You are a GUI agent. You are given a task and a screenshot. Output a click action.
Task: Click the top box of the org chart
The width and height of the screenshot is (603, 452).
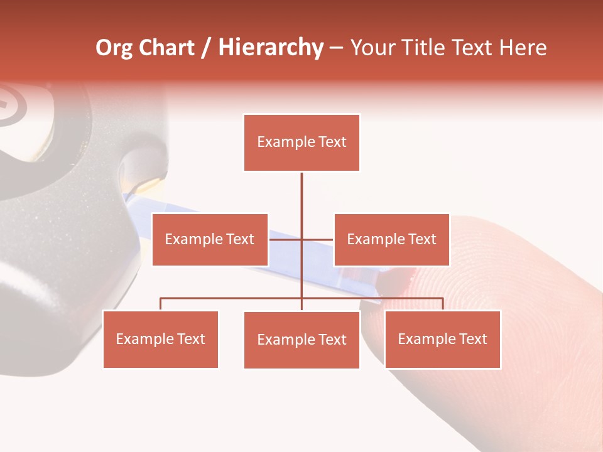pyautogui.click(x=301, y=143)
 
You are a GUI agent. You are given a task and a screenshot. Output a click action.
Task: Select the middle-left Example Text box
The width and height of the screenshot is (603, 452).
pyautogui.click(x=210, y=239)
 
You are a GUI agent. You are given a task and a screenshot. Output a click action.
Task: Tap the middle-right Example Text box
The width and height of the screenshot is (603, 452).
pyautogui.click(x=391, y=239)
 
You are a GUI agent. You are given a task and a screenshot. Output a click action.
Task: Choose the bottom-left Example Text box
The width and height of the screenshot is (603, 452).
pyautogui.click(x=161, y=339)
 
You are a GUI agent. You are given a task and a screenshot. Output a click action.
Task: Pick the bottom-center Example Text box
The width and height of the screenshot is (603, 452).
pyautogui.click(x=301, y=340)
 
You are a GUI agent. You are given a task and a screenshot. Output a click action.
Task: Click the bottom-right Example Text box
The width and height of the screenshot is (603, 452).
pyautogui.click(x=442, y=339)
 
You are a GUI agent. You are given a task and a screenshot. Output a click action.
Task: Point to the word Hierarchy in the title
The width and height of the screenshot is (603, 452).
pyautogui.click(x=271, y=48)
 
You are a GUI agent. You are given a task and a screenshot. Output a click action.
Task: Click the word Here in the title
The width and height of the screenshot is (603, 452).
pyautogui.click(x=523, y=48)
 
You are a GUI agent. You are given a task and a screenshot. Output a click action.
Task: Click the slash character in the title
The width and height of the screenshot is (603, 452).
pyautogui.click(x=206, y=48)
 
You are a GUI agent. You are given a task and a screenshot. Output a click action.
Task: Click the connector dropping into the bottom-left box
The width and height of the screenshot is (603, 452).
pyautogui.click(x=161, y=304)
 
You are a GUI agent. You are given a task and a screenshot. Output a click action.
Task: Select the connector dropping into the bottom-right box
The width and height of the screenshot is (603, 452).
pyautogui.click(x=443, y=304)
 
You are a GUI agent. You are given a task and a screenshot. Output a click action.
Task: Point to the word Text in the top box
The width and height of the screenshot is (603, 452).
pyautogui.click(x=331, y=142)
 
